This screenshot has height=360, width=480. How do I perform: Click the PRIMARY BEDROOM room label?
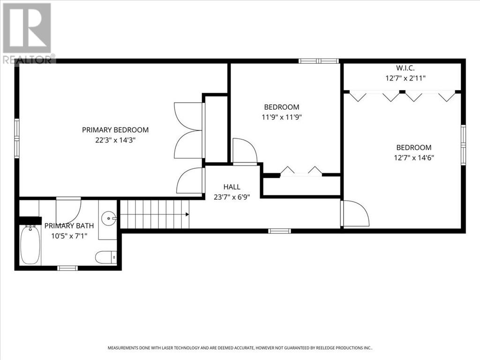[115, 130]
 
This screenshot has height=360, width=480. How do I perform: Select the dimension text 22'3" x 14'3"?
[115, 140]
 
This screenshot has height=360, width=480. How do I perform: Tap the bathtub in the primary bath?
[30, 245]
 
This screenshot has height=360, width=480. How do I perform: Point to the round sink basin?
[109, 218]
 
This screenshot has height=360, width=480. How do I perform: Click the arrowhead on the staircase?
[187, 214]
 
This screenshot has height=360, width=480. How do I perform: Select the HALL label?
[232, 187]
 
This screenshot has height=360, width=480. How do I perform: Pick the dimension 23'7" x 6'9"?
[232, 197]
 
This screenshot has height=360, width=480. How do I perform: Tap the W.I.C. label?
[405, 67]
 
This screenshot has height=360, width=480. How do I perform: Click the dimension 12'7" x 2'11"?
[405, 78]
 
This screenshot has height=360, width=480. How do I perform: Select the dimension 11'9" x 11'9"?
[282, 117]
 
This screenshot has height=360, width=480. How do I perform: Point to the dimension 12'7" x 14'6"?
[414, 157]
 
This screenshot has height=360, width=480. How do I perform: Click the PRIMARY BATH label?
[69, 225]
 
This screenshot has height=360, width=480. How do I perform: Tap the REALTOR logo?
[28, 33]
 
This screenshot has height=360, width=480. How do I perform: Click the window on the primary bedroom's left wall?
[17, 138]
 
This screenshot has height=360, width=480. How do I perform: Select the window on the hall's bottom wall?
[279, 231]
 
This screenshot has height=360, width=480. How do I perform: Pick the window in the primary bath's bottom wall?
[67, 268]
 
